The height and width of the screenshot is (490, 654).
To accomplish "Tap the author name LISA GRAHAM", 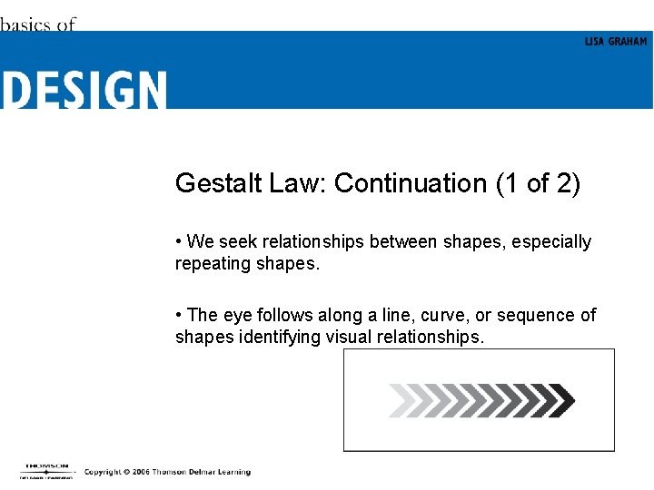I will (616, 42).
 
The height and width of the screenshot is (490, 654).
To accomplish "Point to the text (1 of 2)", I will (538, 183).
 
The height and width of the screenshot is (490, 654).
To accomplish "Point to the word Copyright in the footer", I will (103, 472).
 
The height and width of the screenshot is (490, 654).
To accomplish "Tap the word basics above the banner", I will (25, 24).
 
